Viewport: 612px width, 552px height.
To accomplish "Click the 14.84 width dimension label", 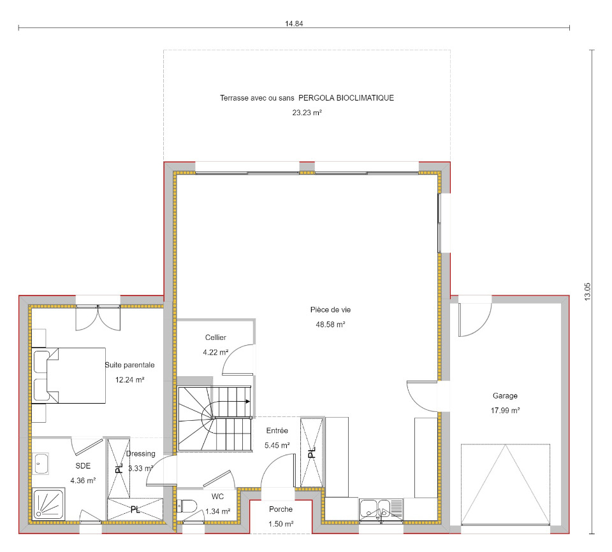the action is pyautogui.click(x=294, y=24).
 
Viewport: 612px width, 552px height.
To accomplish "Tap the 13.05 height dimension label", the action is pyautogui.click(x=588, y=292).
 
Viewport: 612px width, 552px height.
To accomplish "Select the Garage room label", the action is pyautogui.click(x=505, y=395).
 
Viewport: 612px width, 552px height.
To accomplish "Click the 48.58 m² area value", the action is pyautogui.click(x=330, y=324).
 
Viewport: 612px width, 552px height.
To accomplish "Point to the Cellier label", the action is pyautogui.click(x=215, y=337).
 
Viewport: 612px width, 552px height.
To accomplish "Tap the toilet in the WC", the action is pyautogui.click(x=187, y=506).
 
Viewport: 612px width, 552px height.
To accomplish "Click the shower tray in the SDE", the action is pyautogui.click(x=49, y=504).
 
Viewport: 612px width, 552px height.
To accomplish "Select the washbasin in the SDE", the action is pyautogui.click(x=41, y=464).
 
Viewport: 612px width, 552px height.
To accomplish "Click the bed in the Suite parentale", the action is pyautogui.click(x=69, y=376).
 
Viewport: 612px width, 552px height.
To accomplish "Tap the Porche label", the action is pyautogui.click(x=280, y=509).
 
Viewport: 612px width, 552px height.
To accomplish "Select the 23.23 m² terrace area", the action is pyautogui.click(x=307, y=113).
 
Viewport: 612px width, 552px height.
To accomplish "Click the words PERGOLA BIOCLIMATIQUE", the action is pyautogui.click(x=346, y=98).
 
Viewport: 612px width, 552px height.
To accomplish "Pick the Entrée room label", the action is pyautogui.click(x=277, y=430).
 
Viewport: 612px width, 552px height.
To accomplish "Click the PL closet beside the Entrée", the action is pyautogui.click(x=312, y=453).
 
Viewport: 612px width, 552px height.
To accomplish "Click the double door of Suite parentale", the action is pyautogui.click(x=98, y=318).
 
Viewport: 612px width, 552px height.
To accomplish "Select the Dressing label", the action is pyautogui.click(x=140, y=453).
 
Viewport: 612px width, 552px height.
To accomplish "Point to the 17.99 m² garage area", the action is pyautogui.click(x=505, y=411).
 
